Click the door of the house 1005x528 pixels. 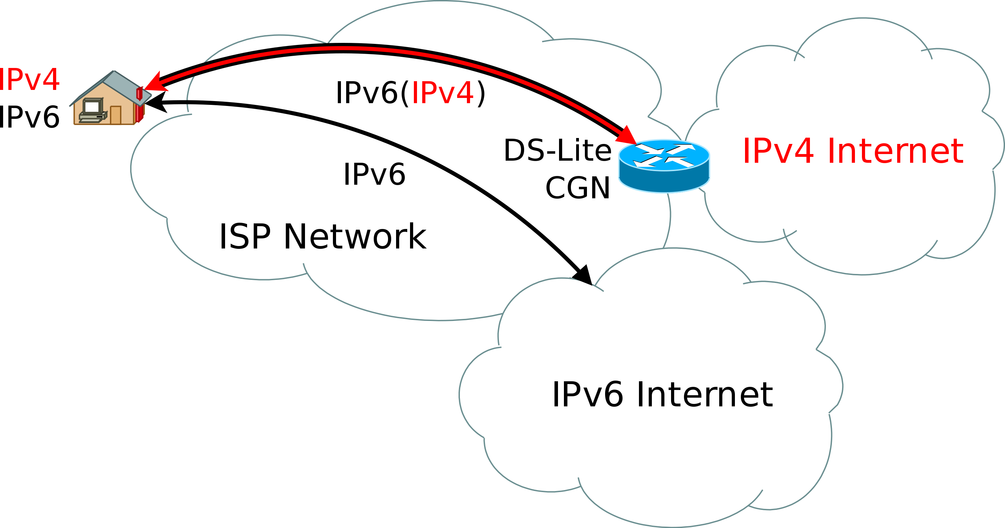click(x=116, y=115)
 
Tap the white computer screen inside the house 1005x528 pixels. click(x=92, y=106)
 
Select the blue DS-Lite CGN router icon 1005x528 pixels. click(x=664, y=166)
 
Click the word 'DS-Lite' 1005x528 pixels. click(x=558, y=151)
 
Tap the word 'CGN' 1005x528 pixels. click(x=578, y=188)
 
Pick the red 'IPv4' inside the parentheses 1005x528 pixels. click(x=442, y=93)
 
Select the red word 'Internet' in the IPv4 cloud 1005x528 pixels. click(x=895, y=151)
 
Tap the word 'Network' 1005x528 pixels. click(x=355, y=237)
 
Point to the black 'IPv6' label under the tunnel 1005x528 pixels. click(x=374, y=174)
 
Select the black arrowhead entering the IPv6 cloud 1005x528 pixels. click(x=584, y=275)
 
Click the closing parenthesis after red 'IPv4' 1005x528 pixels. click(x=482, y=93)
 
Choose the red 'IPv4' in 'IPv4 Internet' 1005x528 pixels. click(x=778, y=151)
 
